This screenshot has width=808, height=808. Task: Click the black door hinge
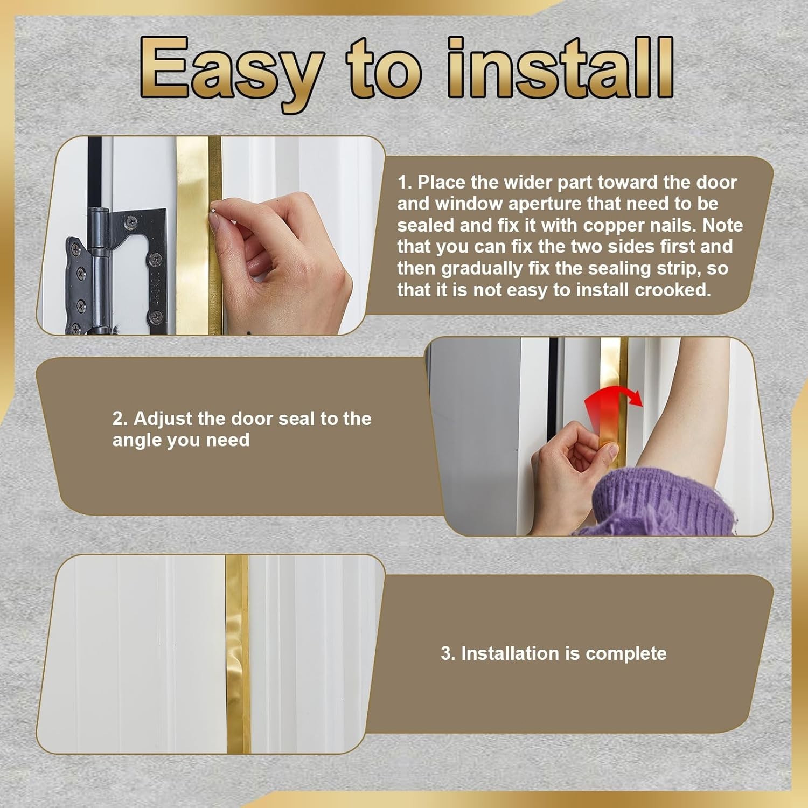(116, 272)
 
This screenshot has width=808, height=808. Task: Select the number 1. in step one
(405, 183)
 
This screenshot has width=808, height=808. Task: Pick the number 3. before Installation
(448, 653)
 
